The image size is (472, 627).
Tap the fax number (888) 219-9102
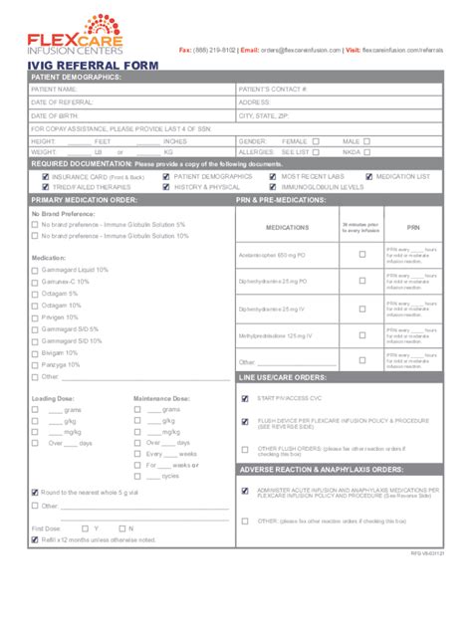point(215,49)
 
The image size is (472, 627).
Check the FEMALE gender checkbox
point(316,140)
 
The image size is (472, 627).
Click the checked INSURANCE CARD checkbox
point(45,175)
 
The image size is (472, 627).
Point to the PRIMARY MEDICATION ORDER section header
point(85,199)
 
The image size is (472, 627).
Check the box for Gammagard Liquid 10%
point(36,270)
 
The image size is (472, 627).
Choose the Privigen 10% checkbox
point(36,316)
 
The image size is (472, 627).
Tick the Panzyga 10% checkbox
point(36,364)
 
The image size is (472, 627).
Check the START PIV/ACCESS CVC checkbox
point(245,398)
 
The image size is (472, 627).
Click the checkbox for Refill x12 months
point(36,539)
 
